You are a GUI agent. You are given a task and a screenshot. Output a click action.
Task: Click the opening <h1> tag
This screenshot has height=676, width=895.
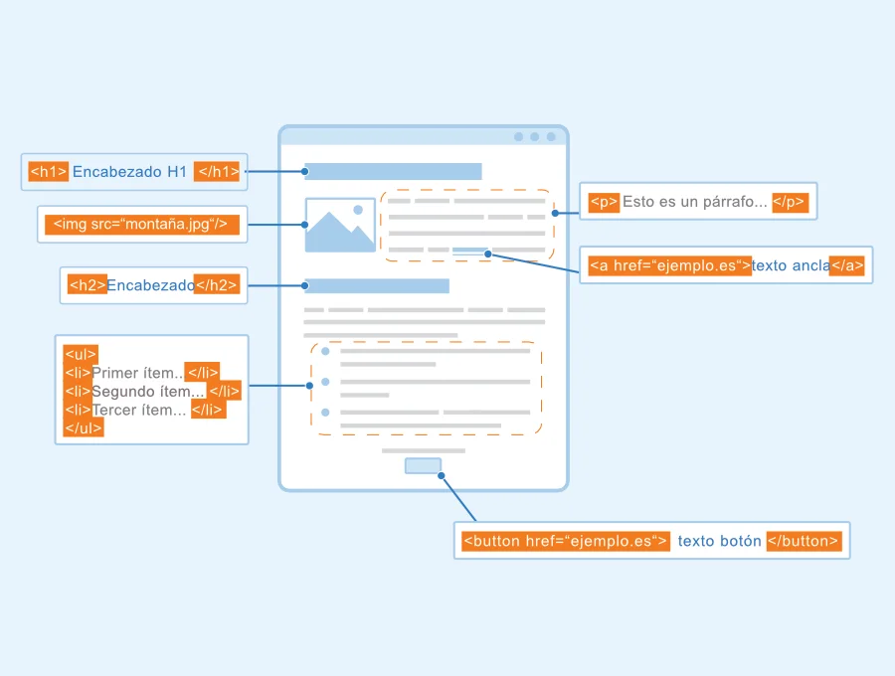pos(49,172)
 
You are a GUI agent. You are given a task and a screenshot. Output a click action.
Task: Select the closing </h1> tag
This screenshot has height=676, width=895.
pos(217,172)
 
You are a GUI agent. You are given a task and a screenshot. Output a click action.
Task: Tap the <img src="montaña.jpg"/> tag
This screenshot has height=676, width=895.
pos(142,225)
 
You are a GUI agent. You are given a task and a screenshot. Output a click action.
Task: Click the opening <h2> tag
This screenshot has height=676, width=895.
pos(88,284)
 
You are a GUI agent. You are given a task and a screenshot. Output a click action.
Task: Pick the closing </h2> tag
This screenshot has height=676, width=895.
pos(217,284)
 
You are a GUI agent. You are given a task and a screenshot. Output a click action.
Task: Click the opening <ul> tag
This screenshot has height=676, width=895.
pos(81,354)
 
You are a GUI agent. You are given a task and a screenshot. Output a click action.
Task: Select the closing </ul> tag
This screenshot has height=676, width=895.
pos(84,427)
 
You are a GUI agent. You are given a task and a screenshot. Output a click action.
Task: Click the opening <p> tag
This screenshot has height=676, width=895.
pos(604,202)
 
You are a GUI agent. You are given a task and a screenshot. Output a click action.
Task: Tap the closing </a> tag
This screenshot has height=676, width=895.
pos(847,265)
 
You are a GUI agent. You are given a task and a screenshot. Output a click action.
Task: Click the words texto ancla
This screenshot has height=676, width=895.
pos(791,265)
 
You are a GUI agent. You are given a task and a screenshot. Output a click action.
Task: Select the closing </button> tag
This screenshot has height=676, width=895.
pos(805,541)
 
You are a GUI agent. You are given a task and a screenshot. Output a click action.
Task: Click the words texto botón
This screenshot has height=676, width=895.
pos(719,541)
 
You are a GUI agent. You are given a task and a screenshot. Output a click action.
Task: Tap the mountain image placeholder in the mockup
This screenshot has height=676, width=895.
pos(340,226)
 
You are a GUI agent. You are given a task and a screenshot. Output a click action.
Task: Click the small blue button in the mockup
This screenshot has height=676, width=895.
pos(423,466)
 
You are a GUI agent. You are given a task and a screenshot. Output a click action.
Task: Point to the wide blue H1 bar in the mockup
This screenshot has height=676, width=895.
pos(393,171)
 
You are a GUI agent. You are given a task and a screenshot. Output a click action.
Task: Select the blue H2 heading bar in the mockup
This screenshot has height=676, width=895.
pos(377,285)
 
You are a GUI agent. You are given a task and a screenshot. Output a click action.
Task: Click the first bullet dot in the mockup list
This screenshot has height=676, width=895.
pos(325,351)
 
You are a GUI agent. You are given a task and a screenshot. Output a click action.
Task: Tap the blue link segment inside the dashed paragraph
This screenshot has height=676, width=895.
pos(469,250)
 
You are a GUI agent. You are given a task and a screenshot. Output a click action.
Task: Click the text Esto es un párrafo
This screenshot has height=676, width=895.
pos(695,202)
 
